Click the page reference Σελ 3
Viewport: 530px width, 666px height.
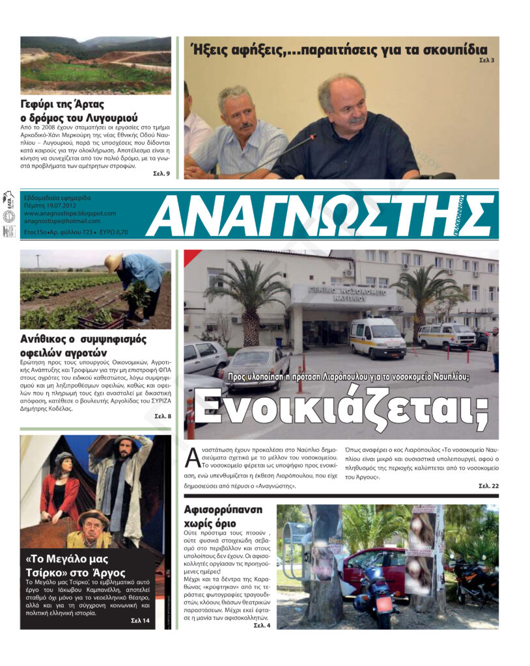(487, 60)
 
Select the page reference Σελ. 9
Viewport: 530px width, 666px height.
(161, 174)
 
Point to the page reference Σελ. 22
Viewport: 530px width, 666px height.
(488, 486)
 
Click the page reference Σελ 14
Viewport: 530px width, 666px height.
(140, 621)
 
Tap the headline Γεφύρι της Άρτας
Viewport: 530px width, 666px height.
(63, 104)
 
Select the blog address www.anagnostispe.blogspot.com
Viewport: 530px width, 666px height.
(70, 213)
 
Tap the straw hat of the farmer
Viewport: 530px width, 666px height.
(115, 261)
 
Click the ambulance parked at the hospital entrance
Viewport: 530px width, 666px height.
(377, 338)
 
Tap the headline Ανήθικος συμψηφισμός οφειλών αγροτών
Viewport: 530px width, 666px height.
(83, 346)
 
